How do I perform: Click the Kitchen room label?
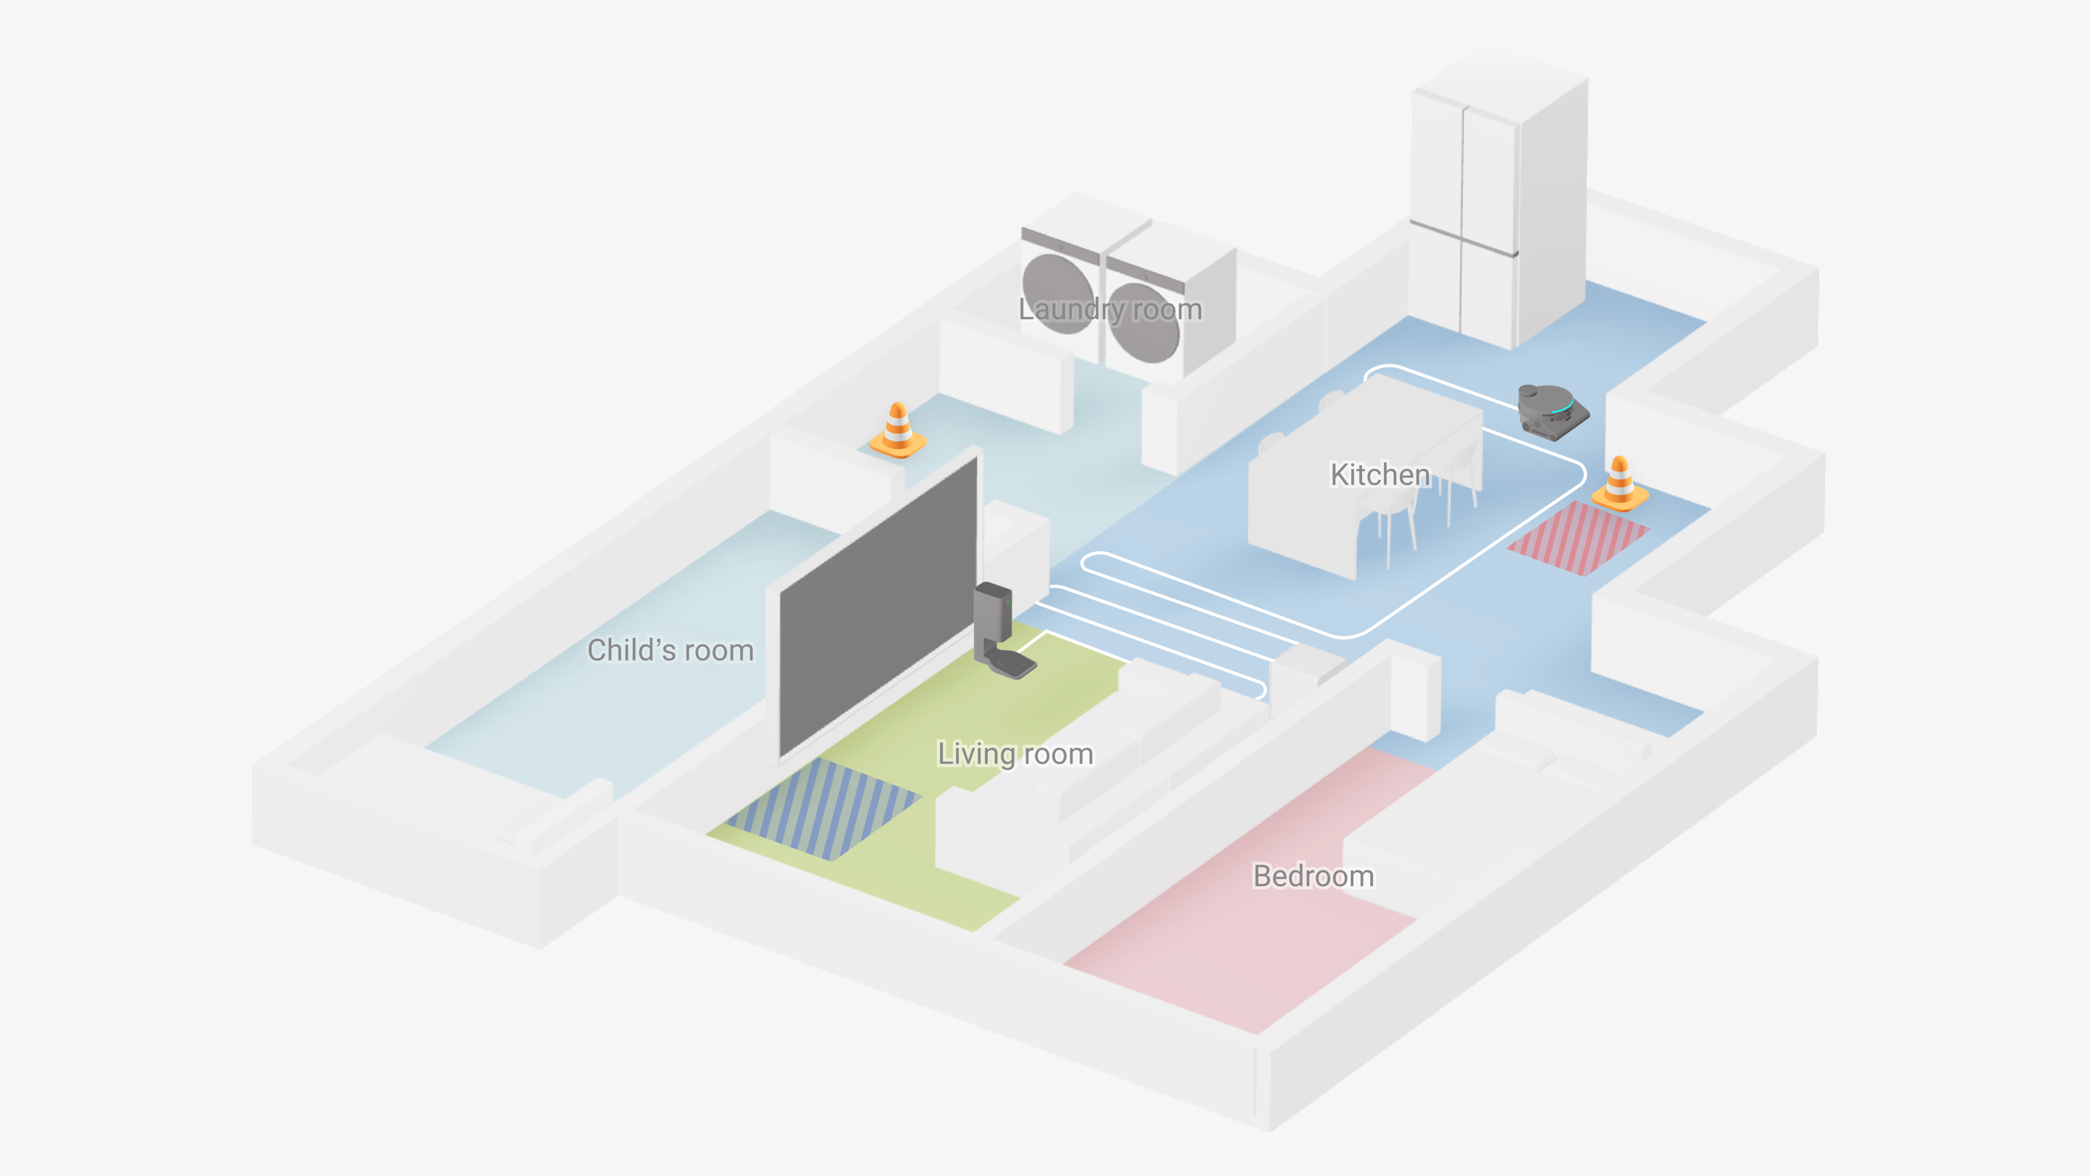coord(1379,475)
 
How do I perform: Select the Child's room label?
coord(670,650)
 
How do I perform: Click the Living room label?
coord(1015,754)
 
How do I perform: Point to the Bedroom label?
coord(1313,876)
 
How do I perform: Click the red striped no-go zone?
coord(1578,538)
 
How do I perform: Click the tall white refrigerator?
coord(1497,203)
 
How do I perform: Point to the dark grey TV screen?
coord(876,605)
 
